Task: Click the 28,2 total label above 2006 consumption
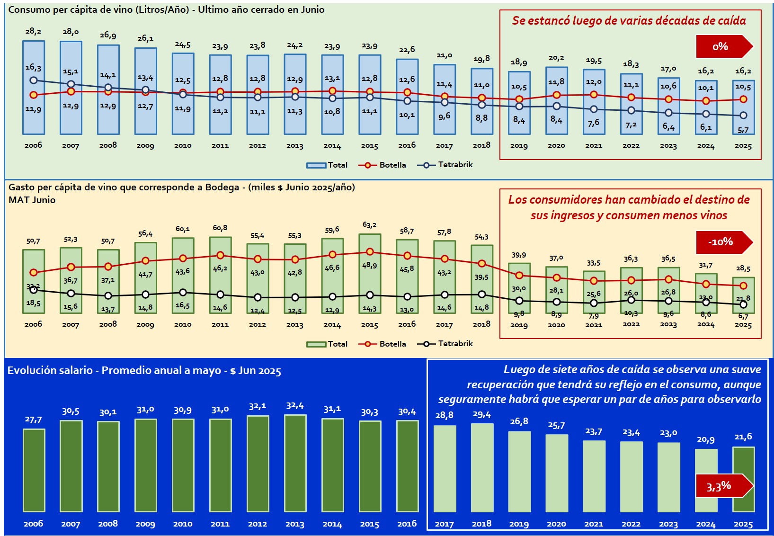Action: (33, 31)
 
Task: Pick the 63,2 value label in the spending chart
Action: (369, 225)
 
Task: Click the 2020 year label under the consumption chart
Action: (556, 145)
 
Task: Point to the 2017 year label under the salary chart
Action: (444, 524)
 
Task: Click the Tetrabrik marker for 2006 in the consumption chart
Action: (33, 80)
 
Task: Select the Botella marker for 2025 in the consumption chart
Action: (743, 99)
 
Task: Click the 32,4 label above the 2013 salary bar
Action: (295, 406)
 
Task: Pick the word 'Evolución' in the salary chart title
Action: (29, 370)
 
